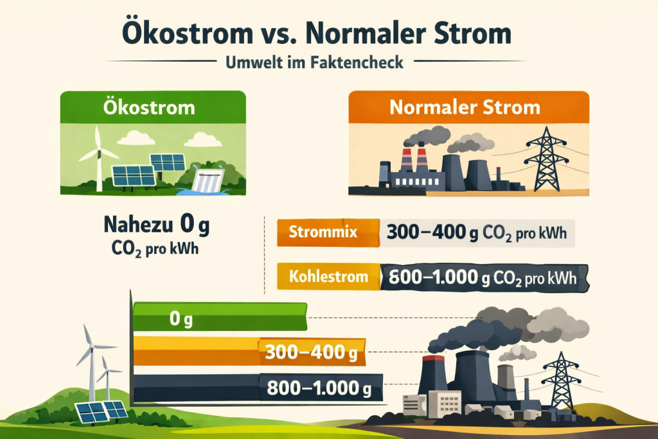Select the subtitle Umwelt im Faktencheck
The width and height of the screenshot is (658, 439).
tap(315, 62)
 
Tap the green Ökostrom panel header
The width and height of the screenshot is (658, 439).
tap(152, 106)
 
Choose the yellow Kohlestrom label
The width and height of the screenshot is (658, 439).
tap(328, 277)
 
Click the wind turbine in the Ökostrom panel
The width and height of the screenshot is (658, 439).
tap(98, 154)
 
